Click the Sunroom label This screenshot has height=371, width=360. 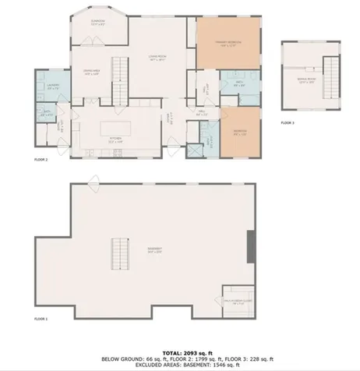(x=97, y=23)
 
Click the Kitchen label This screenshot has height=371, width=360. (x=116, y=142)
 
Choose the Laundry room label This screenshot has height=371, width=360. (x=53, y=87)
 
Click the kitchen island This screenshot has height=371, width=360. (x=115, y=127)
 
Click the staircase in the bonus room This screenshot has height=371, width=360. (x=330, y=75)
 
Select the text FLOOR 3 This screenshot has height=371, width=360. (x=288, y=123)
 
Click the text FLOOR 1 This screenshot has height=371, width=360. (x=41, y=319)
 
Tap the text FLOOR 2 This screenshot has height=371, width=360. (x=41, y=160)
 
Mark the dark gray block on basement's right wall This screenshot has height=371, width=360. (x=250, y=247)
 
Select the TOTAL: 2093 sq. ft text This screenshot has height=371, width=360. (x=179, y=353)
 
